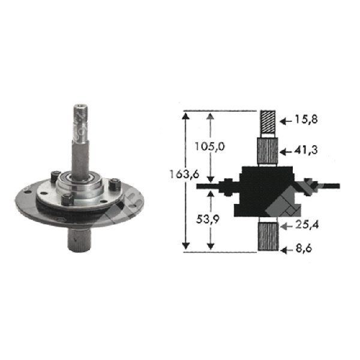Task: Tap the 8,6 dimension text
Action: point(305,245)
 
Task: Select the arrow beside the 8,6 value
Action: point(287,246)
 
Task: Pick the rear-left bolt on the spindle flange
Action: point(56,176)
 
